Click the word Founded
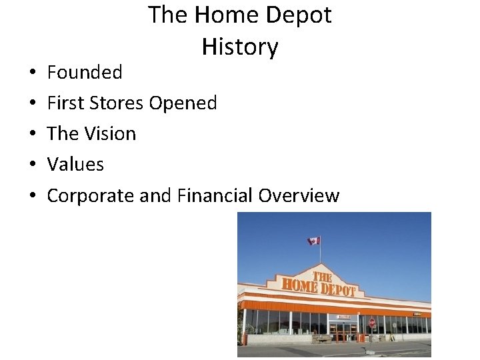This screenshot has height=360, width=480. click(85, 72)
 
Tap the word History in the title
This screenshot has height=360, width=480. click(240, 47)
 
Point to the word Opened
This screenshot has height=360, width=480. click(183, 103)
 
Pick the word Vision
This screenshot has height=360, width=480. click(110, 133)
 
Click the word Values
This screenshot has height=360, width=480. click(75, 164)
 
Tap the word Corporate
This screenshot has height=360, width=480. click(90, 195)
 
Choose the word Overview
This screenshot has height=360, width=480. click(299, 195)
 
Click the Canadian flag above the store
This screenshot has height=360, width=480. click(313, 241)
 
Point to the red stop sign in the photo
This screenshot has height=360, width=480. click(372, 322)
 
